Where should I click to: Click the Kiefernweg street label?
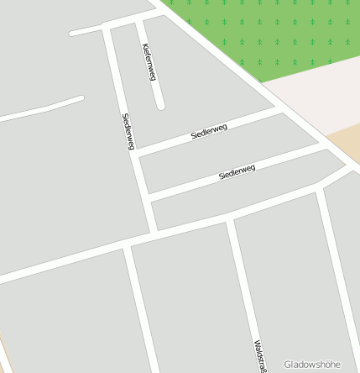pyautogui.click(x=149, y=62)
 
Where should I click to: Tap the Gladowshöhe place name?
pyautogui.click(x=312, y=365)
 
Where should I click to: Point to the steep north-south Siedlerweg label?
pyautogui.click(x=128, y=132)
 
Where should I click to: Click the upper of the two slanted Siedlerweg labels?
pyautogui.click(x=209, y=131)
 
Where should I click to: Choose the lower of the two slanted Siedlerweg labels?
pyautogui.click(x=237, y=172)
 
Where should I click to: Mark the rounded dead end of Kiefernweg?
pyautogui.click(x=160, y=106)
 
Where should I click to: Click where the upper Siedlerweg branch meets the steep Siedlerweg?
pyautogui.click(x=136, y=153)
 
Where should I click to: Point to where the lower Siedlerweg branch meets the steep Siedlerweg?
pyautogui.click(x=148, y=199)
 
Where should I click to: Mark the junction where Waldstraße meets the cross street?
pyautogui.click(x=230, y=220)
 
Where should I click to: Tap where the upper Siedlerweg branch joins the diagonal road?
pyautogui.click(x=280, y=107)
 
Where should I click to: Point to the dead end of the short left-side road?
pyautogui.click(x=81, y=99)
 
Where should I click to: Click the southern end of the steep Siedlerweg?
pyautogui.click(x=154, y=229)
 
